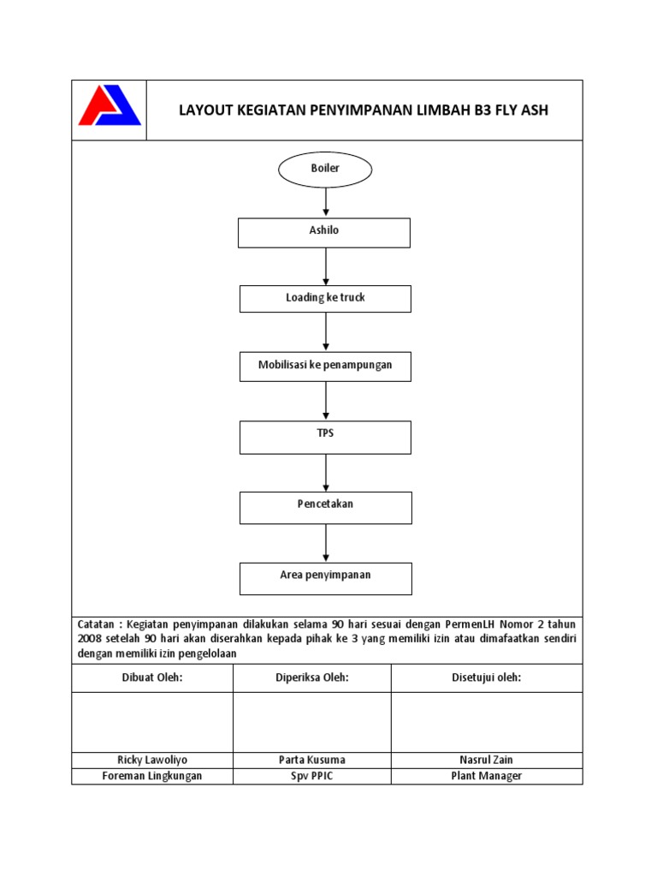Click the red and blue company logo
(109, 106)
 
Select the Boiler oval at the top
(325, 169)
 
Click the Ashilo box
(325, 232)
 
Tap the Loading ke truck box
(325, 298)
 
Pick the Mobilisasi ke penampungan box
(325, 366)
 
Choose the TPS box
(325, 437)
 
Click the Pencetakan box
(325, 507)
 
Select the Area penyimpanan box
(325, 578)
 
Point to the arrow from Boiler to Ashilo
(326, 202)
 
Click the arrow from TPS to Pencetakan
(326, 473)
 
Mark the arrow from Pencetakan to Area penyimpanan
(326, 543)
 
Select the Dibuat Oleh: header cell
(151, 678)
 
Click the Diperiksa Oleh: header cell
(312, 678)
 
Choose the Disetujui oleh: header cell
(486, 678)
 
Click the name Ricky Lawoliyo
(151, 760)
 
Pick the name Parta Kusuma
(312, 760)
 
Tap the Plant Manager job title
(486, 776)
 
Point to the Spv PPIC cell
(312, 776)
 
